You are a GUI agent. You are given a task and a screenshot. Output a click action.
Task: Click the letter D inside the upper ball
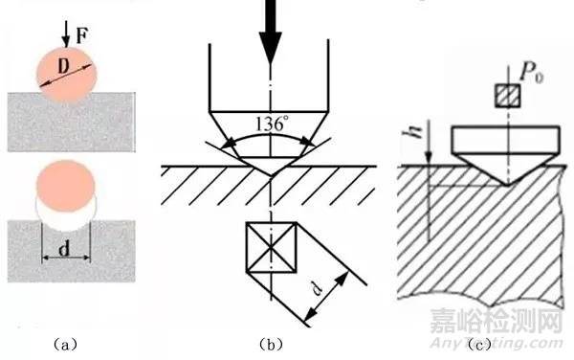(62, 66)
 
